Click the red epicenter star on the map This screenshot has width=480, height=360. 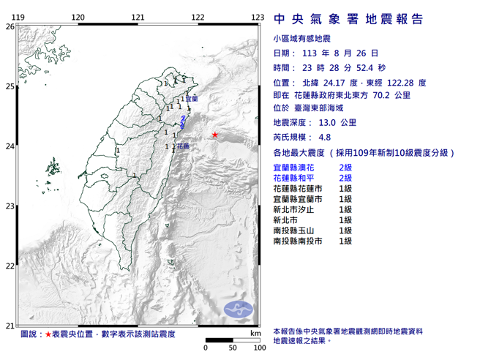214,135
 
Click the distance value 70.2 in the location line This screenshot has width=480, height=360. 391,94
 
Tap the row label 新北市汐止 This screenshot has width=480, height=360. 296,209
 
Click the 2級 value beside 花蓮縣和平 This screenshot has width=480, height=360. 346,178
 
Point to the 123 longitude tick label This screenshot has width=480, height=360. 256,17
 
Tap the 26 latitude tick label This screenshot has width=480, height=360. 10,26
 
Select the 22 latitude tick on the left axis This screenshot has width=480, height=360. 10,266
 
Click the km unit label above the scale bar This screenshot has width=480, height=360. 254,333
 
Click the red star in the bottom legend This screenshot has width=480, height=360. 48,334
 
